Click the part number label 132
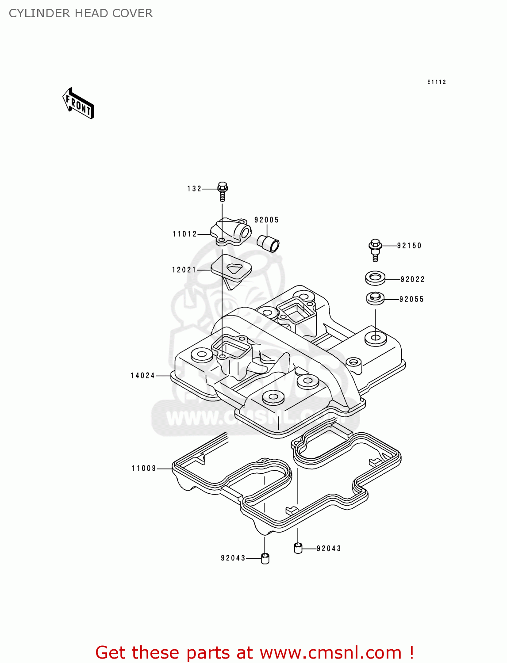click(x=194, y=189)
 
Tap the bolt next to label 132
click(x=223, y=191)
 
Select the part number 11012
click(x=185, y=234)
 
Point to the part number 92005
click(x=266, y=220)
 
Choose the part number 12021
click(x=184, y=270)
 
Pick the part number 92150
click(x=409, y=246)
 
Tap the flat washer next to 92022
click(x=375, y=278)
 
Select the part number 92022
click(x=412, y=279)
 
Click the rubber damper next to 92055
click(x=375, y=298)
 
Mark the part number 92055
click(x=411, y=299)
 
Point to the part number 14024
click(x=142, y=376)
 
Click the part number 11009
click(x=144, y=469)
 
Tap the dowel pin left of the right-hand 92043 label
click(x=298, y=549)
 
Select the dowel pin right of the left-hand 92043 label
click(x=265, y=558)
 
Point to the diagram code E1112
click(x=436, y=82)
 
